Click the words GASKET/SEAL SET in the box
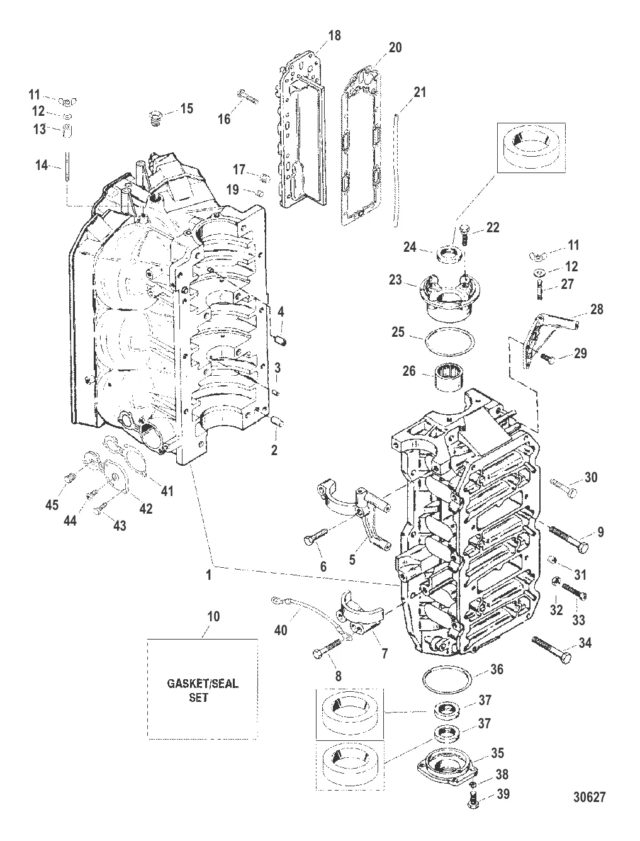tap(202, 690)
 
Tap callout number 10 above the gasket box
tap(213, 616)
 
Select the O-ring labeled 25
tap(449, 343)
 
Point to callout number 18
tap(334, 36)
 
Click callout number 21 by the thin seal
tap(420, 93)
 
